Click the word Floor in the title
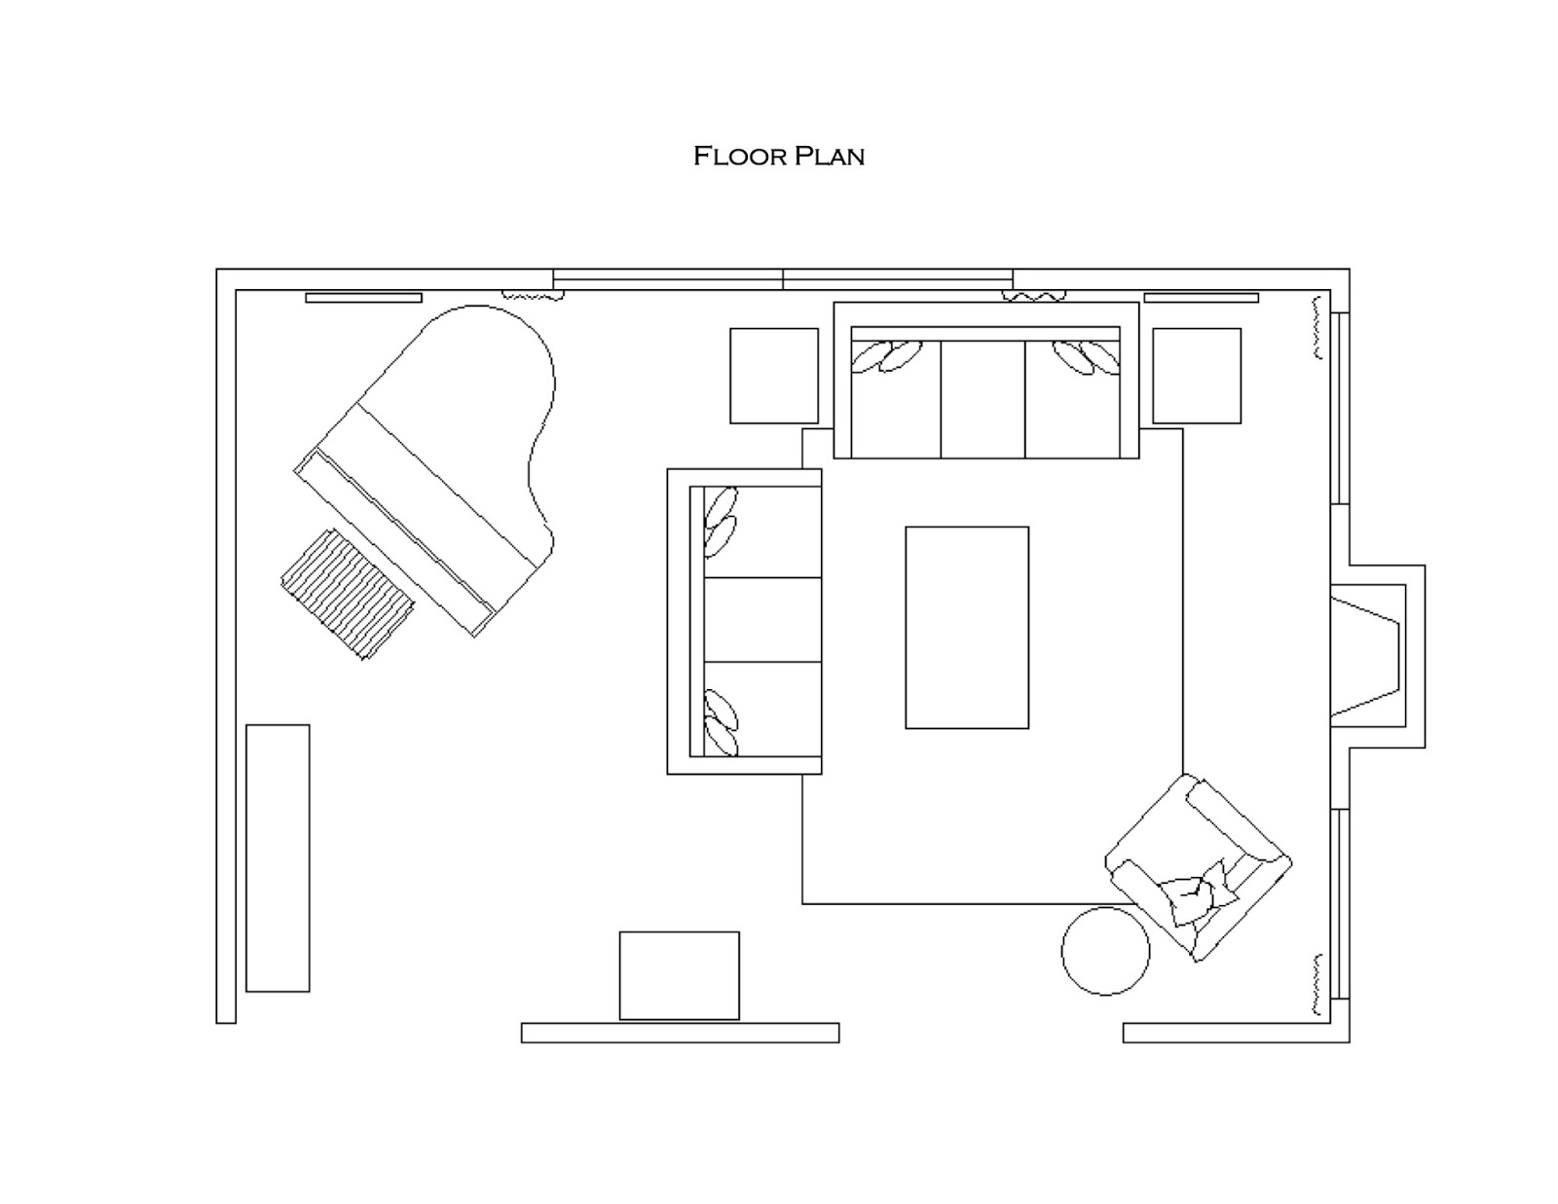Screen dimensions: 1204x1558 pos(738,156)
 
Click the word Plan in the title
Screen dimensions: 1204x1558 pos(829,156)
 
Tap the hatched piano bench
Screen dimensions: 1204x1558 pos(348,594)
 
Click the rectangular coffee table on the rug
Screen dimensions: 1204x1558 pos(966,628)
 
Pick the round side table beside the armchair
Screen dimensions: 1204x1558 pos(1104,951)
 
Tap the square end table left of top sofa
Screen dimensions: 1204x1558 pos(774,376)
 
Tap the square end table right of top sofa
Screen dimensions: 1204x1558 pos(1197,376)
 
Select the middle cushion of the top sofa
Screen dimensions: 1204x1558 pos(982,399)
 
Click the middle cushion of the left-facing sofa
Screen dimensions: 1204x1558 pos(761,620)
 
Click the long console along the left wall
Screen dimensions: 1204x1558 pos(278,857)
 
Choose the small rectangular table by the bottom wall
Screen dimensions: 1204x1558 pos(679,975)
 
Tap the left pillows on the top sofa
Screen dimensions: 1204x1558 pos(887,356)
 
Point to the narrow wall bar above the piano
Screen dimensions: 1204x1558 pos(363,298)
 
